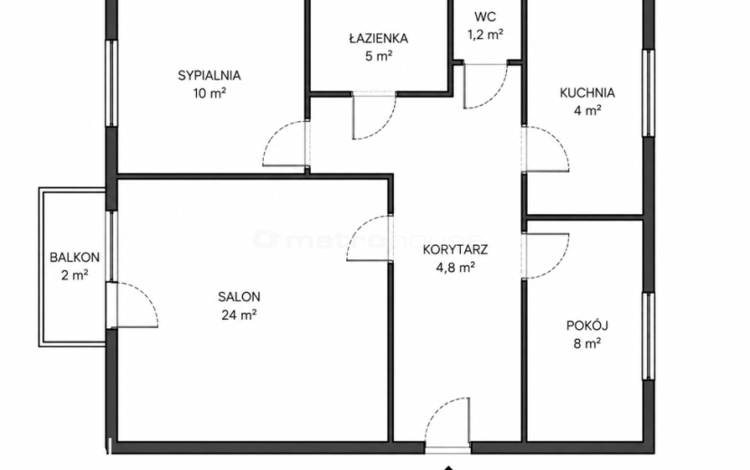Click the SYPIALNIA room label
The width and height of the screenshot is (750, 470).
pos(209,76)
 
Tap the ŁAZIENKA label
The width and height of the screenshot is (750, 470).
pos(379,38)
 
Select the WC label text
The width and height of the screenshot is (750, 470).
pos(485,17)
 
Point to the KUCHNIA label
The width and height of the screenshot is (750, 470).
pos(586,93)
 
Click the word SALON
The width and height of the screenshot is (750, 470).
pos(239,296)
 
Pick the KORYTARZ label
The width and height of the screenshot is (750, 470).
pos(455,249)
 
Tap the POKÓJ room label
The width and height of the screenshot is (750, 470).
pos(586,325)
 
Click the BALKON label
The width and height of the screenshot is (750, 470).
pos(75,258)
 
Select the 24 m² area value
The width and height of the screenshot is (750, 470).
pos(239,315)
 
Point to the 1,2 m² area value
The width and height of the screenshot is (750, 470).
pos(485,34)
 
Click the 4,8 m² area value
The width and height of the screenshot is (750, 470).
pos(455,267)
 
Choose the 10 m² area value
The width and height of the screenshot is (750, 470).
pos(210,93)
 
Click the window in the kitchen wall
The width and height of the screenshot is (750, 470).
pos(648,93)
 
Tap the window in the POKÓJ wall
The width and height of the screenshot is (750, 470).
pos(648,336)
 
